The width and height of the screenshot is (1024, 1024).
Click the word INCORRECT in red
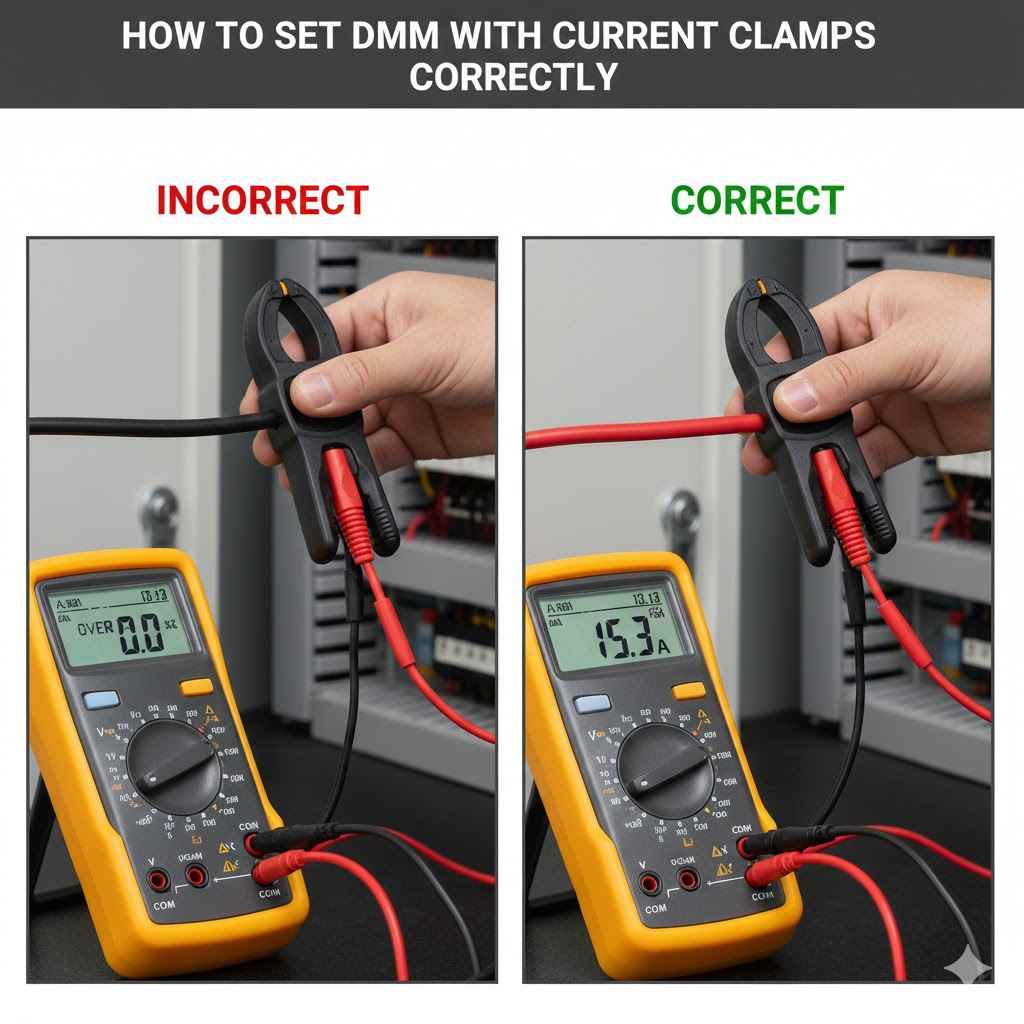tap(262, 201)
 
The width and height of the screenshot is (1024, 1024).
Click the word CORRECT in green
tap(757, 201)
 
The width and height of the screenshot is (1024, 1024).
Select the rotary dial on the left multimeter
tap(174, 766)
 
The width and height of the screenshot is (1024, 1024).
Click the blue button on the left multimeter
tap(101, 699)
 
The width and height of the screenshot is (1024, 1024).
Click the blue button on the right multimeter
tap(593, 703)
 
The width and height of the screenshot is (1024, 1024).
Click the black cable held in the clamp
tap(140, 424)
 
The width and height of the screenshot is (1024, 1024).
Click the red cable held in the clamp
tap(640, 432)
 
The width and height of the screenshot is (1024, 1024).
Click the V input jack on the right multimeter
tap(650, 882)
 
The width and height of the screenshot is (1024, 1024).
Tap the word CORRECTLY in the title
tap(512, 77)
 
